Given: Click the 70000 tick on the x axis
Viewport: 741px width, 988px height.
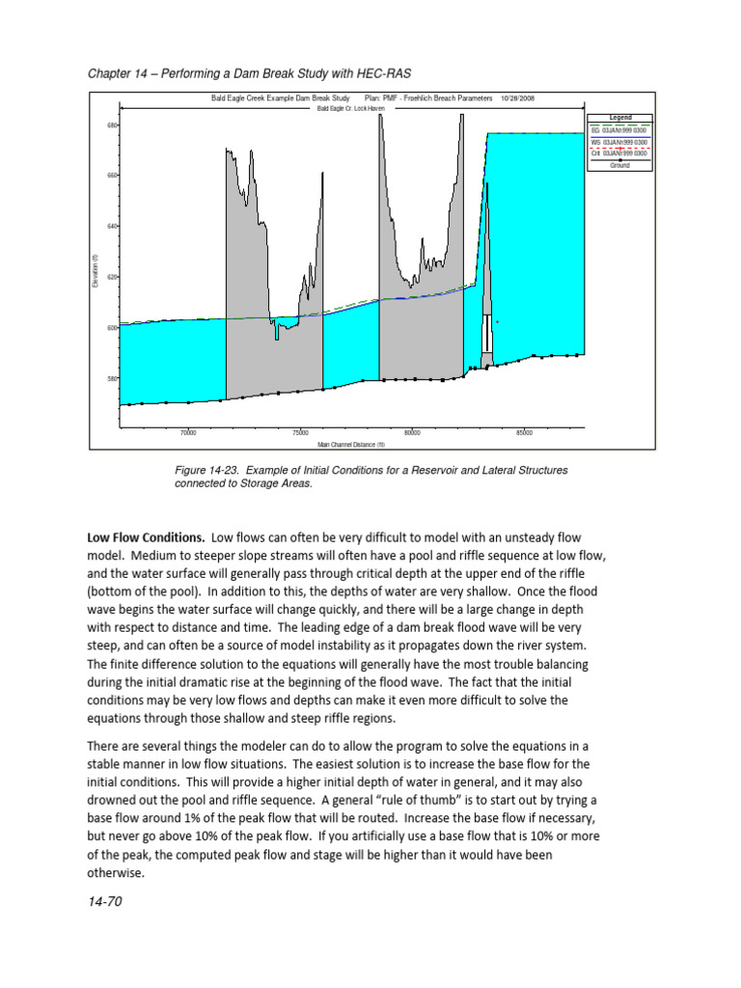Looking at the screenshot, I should pos(187,433).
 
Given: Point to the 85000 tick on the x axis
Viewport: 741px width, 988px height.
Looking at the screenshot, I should pos(524,433).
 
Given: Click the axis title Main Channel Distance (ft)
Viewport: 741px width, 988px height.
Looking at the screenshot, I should pos(351,445).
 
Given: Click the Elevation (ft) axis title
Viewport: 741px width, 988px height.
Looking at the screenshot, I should pos(95,271).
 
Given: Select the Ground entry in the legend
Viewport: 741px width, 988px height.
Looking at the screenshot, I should pos(619,165).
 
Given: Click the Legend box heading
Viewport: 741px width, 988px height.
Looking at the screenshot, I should pos(619,118).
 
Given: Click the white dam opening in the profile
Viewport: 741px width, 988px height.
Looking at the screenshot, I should pos(488,334).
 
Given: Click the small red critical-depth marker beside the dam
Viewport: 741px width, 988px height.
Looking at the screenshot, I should pos(497,322).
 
